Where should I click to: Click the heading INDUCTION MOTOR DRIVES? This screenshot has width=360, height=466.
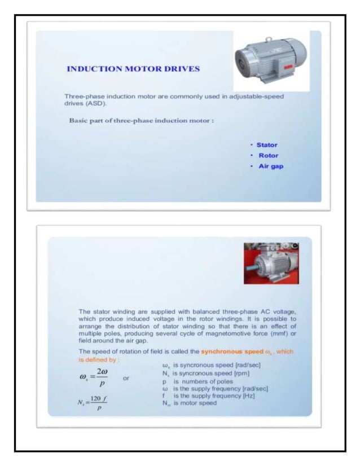pos(133,69)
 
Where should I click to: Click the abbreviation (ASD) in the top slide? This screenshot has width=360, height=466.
pos(90,104)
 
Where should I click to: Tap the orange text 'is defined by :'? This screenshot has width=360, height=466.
pos(98,359)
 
